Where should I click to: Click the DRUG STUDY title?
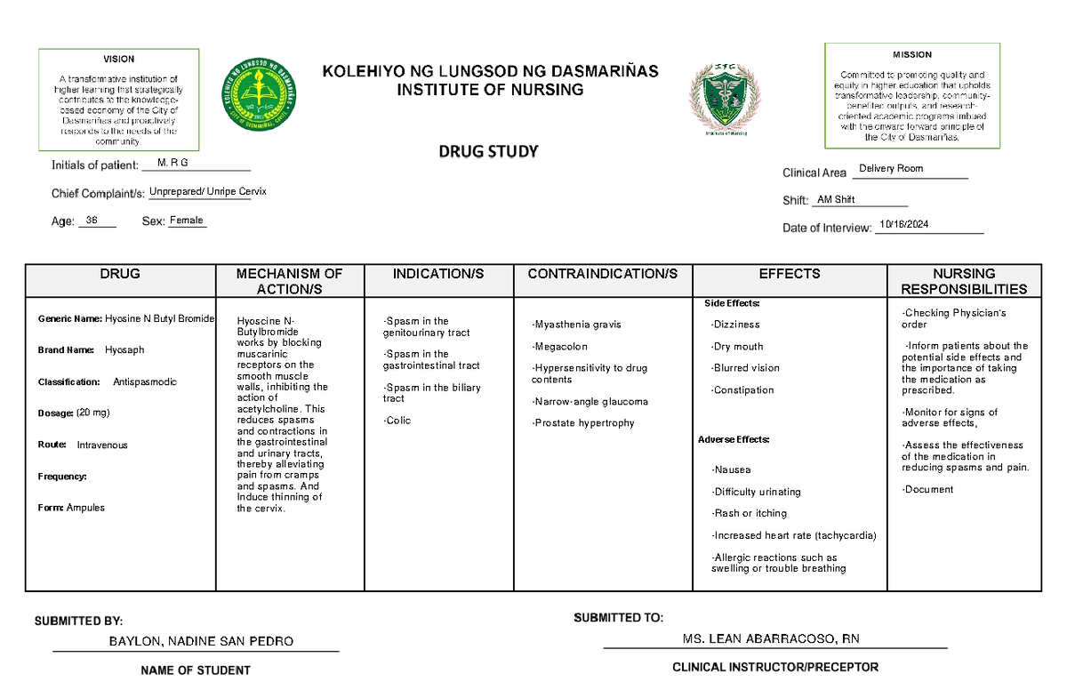point(488,151)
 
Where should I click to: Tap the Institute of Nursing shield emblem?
point(725,100)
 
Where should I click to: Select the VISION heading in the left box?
point(119,59)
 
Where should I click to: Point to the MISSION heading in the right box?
point(912,54)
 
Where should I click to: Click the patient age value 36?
point(92,221)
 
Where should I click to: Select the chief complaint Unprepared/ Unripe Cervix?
point(207,192)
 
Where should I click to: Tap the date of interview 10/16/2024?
point(903,226)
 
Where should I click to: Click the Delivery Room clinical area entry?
point(891,169)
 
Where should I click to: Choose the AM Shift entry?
point(836,200)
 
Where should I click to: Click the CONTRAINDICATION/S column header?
point(602,274)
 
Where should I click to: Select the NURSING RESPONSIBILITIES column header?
point(964,281)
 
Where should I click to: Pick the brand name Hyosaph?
point(124,350)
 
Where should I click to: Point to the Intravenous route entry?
point(102,445)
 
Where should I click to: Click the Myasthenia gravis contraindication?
point(577,325)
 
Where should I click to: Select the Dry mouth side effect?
point(737,347)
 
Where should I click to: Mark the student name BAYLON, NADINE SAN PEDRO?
point(201,641)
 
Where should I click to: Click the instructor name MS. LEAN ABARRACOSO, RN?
point(770,639)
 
